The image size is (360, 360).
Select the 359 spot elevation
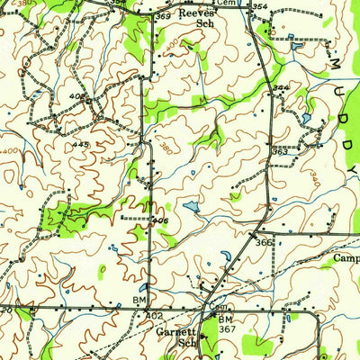[x=162, y=16]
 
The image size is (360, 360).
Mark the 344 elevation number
[x=281, y=88]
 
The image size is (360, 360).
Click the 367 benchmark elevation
[x=229, y=329]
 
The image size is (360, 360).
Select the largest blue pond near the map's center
[x=191, y=206]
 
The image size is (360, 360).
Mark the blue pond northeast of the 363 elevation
[x=306, y=118]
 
